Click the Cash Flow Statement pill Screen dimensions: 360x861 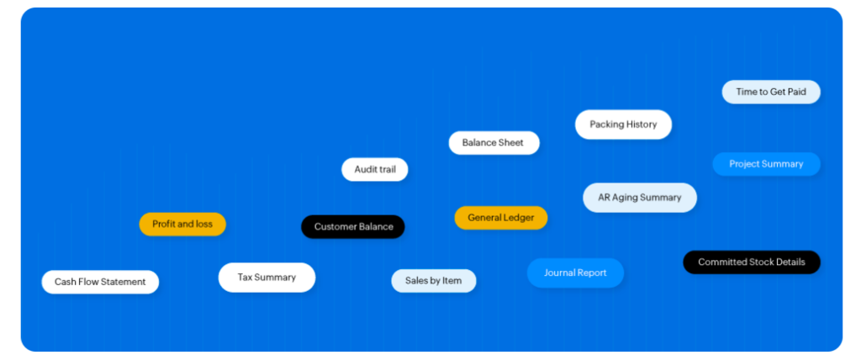click(100, 282)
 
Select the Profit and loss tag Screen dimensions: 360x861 click(182, 225)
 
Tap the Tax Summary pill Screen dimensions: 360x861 click(267, 278)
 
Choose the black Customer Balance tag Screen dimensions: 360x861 click(353, 227)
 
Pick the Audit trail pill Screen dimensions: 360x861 click(374, 170)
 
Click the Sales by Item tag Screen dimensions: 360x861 click(433, 281)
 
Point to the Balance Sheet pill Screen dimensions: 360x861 click(494, 143)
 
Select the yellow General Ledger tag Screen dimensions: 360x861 click(500, 218)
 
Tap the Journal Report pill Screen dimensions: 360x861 click(575, 273)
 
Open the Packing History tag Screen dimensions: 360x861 click(623, 124)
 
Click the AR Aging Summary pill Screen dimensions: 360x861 click(640, 198)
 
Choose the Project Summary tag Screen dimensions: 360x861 click(766, 164)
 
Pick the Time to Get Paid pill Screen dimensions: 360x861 click(770, 92)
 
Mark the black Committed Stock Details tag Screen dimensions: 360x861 click(751, 262)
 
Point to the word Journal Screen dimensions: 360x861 click(559, 273)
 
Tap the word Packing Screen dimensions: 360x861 click(606, 124)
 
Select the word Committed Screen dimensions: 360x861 click(722, 262)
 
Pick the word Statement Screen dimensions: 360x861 click(123, 282)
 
